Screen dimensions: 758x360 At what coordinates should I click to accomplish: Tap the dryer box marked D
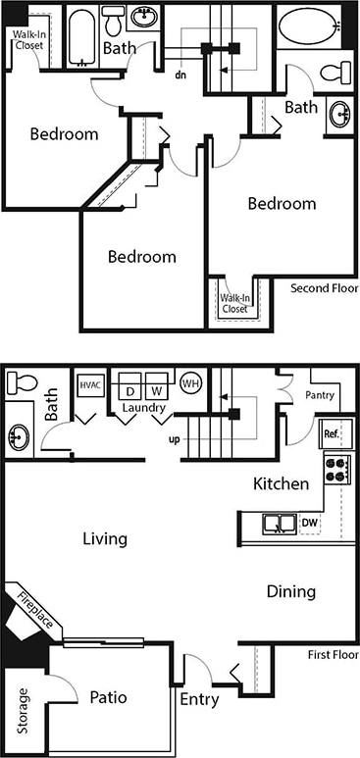point(129,390)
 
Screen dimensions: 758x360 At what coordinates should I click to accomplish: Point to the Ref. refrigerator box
point(331,432)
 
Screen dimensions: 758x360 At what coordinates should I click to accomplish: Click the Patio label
point(107,697)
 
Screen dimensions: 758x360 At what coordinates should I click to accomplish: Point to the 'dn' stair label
point(180,73)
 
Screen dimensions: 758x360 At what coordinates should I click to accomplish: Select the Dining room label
point(291,591)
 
